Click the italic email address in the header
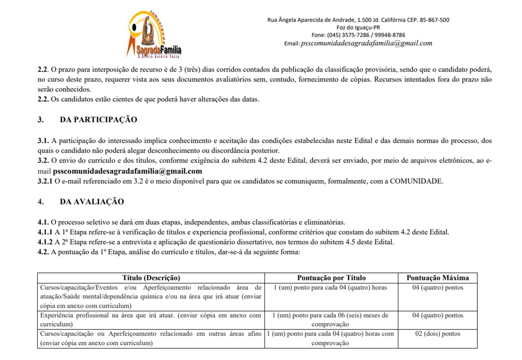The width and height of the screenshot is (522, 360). coord(366,43)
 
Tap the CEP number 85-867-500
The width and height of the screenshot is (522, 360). coord(435,20)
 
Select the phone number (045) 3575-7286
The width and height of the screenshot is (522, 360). coord(348,35)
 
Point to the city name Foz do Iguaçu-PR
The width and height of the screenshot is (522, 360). coord(358,28)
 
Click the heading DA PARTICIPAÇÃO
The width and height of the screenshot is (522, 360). coord(98,120)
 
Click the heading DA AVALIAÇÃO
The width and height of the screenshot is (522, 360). coord(92,202)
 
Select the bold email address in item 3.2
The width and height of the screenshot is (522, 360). coord(128,171)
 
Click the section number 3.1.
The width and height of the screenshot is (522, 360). coord(43,141)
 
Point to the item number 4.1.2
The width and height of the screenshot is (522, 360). coord(45,242)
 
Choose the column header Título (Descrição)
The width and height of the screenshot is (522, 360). coord(151,278)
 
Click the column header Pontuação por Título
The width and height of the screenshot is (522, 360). coord(331,278)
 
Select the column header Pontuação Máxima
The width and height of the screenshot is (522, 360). coord(437,278)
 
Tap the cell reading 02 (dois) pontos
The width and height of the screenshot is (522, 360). coord(437,334)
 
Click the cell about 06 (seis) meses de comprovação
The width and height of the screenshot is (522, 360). coord(330,320)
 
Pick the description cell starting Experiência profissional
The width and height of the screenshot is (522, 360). coord(150,320)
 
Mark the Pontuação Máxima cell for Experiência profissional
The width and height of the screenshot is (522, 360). coord(437,316)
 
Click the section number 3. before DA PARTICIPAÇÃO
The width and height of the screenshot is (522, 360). coord(40,120)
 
